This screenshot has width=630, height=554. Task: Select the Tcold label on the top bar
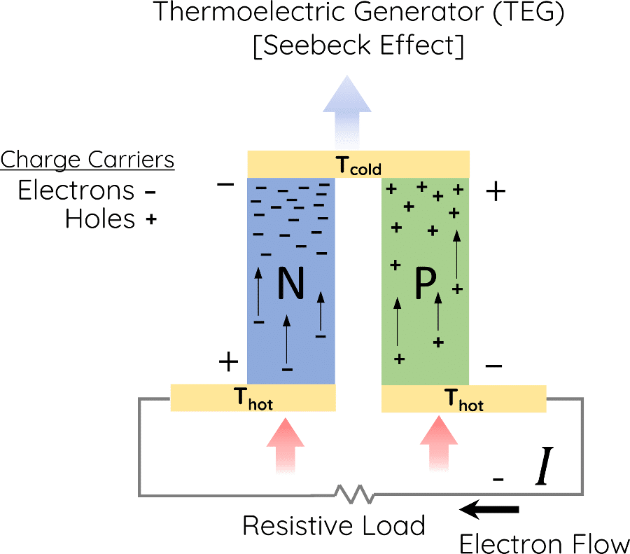[x=358, y=166]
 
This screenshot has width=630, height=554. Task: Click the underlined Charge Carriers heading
[x=87, y=160]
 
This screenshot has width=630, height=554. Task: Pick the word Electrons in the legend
[x=76, y=191]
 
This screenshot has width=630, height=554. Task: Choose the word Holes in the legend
[x=99, y=219]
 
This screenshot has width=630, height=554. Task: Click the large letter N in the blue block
[x=291, y=284]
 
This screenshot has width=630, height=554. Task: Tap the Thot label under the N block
[x=253, y=401]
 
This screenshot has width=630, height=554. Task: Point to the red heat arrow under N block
[x=286, y=445]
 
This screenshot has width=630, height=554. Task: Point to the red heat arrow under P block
[x=439, y=445]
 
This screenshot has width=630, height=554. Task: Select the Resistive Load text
[x=334, y=525]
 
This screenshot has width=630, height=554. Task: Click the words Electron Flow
[x=544, y=543]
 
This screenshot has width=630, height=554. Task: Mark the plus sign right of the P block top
[x=496, y=192]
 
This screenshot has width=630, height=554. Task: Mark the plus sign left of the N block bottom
[x=228, y=362]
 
